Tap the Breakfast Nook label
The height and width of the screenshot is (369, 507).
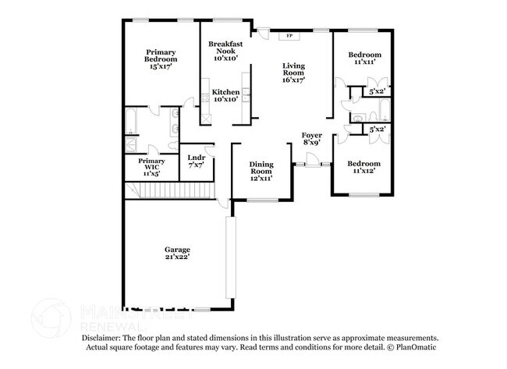coord(225,48)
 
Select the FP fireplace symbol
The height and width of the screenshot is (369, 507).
coord(289,36)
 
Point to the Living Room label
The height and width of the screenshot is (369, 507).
coord(293,71)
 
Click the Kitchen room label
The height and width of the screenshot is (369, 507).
coord(225,91)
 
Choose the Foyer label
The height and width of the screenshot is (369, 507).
coord(312,135)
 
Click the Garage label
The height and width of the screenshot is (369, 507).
coord(177,250)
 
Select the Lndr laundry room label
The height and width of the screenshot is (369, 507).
coord(196,158)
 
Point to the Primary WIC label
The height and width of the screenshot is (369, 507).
coord(152,164)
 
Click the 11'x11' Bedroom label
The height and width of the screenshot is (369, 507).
coord(364,55)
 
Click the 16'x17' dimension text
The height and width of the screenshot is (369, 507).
coord(293,80)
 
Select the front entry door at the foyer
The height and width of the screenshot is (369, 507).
coord(312,162)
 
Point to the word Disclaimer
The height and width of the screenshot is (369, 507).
coord(105,338)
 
